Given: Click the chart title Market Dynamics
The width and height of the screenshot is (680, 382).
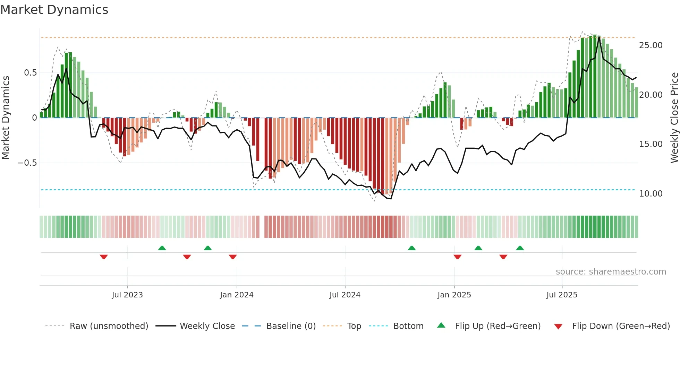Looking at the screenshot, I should click(54, 10).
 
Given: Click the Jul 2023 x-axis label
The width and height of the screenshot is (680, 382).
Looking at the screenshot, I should click(127, 295).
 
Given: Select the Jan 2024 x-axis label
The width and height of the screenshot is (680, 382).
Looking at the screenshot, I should click(237, 295).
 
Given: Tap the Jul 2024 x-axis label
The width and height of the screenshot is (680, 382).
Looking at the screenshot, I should click(345, 295).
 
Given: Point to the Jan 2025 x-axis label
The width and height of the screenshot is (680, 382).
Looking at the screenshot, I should click(454, 295).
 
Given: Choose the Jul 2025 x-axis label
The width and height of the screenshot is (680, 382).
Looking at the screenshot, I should click(562, 295).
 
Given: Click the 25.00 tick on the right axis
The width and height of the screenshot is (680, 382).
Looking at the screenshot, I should click(651, 45).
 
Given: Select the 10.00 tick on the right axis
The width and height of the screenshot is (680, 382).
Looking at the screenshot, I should click(651, 194).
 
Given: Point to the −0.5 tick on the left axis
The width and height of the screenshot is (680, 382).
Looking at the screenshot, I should click(27, 163).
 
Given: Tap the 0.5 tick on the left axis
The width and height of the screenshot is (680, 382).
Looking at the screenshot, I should click(30, 73).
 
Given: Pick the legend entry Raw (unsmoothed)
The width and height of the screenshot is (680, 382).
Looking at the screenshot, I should click(109, 326).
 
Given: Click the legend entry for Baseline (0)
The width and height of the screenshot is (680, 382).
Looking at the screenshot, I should click(291, 326).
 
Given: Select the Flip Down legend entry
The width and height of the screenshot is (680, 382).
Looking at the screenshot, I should click(621, 326).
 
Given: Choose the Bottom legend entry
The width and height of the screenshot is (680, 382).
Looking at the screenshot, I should click(408, 326).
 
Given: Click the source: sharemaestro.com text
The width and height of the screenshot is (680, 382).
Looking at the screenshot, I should click(611, 272).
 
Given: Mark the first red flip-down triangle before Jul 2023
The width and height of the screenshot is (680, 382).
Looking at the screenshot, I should click(104, 257).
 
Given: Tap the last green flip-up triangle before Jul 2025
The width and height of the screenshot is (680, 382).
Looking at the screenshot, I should click(520, 248).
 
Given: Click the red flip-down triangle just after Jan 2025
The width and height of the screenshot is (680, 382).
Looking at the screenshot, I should click(457, 257).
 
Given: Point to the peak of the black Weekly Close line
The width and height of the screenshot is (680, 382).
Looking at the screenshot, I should click(599, 37).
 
